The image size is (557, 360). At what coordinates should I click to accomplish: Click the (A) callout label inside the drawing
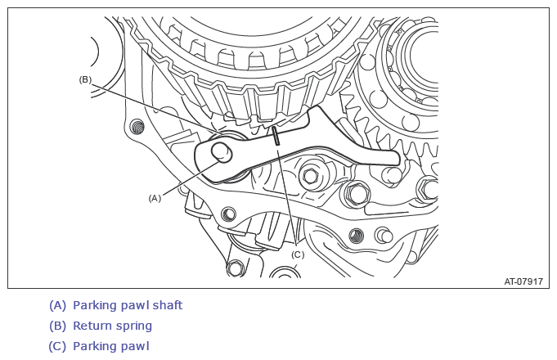click(155, 198)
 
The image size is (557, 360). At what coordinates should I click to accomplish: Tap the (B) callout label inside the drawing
click(85, 79)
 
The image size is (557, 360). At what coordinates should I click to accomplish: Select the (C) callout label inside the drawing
click(298, 254)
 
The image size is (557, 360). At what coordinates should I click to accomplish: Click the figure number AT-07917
click(523, 281)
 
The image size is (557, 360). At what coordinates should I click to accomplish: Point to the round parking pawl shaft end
click(222, 152)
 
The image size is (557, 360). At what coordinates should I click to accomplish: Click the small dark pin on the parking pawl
click(276, 136)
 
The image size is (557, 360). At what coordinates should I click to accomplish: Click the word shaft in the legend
click(168, 305)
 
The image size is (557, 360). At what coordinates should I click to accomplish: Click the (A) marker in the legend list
click(57, 305)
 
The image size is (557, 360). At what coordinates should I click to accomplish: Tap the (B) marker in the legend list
click(57, 326)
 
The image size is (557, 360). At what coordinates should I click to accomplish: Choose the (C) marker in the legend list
click(57, 346)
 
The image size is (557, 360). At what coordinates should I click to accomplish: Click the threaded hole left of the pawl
click(137, 127)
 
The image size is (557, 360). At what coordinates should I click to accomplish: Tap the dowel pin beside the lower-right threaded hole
click(384, 236)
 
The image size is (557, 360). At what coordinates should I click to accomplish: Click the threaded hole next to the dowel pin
click(357, 236)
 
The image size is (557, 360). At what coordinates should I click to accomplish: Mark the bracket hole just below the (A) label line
click(228, 214)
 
